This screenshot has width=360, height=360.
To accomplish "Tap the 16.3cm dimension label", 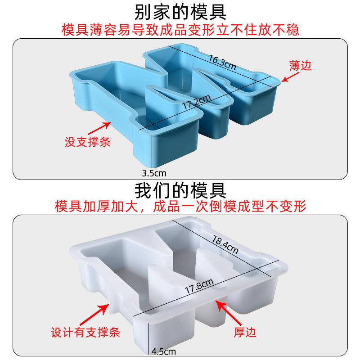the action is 222,62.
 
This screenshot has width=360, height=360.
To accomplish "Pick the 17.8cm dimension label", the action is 198,284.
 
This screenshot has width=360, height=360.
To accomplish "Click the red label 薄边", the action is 300,66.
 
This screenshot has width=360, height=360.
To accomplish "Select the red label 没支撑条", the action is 87,143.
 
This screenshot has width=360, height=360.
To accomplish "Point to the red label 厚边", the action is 245,333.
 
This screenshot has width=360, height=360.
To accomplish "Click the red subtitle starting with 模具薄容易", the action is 180,29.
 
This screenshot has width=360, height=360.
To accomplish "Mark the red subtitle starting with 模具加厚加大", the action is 180,207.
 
